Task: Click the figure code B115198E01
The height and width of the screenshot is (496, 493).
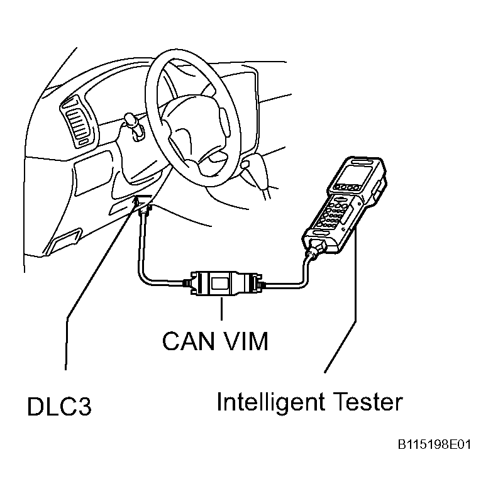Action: point(433,445)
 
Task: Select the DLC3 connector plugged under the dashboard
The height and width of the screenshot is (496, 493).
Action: point(144,204)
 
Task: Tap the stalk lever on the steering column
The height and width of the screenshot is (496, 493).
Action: point(132,123)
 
